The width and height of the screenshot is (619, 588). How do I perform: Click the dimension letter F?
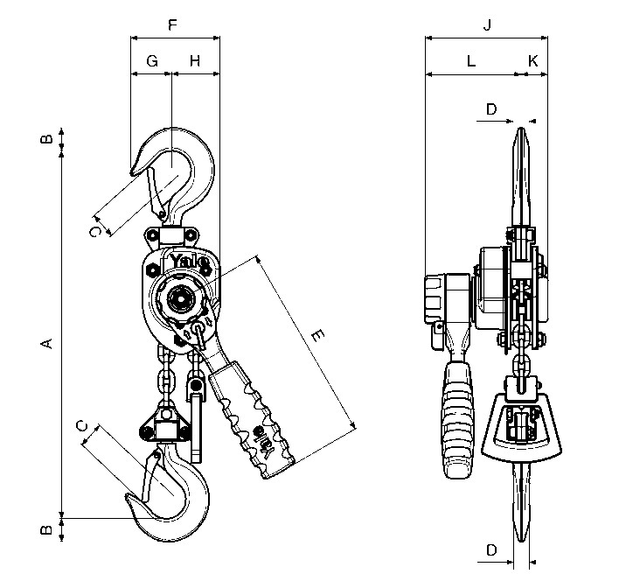172,24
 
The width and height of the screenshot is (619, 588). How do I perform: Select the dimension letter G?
152,61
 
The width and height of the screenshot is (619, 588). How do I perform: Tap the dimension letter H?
195,61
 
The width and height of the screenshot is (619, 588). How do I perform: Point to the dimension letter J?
488,25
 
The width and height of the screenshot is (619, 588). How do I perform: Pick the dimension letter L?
471,61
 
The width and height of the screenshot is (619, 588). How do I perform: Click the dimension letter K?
533,61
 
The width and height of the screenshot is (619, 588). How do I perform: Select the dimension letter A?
46,343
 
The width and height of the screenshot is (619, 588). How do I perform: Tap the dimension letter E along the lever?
317,335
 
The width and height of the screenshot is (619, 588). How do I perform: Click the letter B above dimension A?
46,138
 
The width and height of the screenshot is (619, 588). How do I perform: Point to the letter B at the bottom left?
46,529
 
